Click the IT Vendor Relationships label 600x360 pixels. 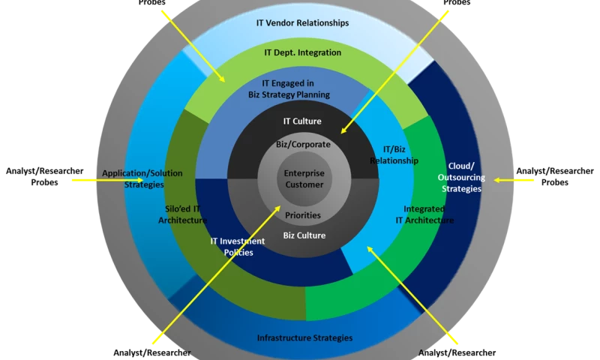coord(303,23)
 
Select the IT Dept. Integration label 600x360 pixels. coord(303,53)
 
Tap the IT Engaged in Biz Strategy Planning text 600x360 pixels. coord(289,89)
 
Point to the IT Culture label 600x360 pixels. coord(302,121)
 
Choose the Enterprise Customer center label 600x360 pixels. coord(304,178)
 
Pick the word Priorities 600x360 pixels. coord(303,215)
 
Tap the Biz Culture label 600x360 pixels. coord(304,235)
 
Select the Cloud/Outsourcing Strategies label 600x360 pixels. coord(461,178)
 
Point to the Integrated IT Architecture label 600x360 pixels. coord(424,214)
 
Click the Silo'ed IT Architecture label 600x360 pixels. coord(182,214)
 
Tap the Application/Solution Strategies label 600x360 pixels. coord(143,178)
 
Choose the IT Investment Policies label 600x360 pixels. coord(237,247)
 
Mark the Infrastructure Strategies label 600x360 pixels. coord(304,338)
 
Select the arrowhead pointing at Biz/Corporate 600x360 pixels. coord(342,133)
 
